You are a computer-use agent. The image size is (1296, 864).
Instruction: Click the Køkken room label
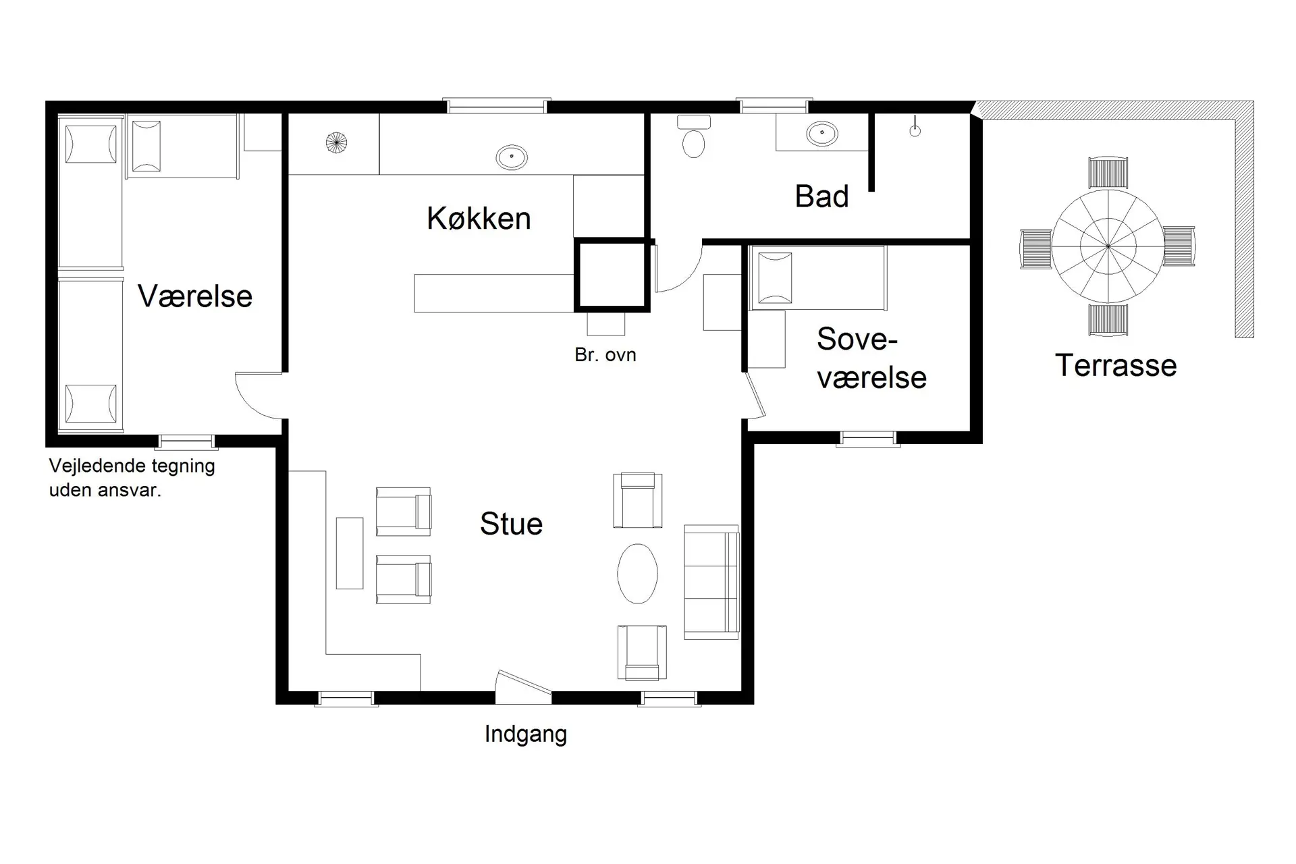479,219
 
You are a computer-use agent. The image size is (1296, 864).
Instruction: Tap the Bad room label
821,196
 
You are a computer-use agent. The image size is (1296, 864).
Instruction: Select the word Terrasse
1115,365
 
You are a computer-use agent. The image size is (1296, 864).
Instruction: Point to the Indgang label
525,734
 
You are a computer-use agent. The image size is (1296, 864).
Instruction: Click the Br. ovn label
605,355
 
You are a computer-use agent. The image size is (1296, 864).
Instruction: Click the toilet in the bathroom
693,142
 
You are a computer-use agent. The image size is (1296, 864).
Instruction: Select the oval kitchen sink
511,157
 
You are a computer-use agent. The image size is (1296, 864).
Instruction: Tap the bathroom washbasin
821,133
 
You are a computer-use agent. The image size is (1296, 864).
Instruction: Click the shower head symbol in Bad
915,130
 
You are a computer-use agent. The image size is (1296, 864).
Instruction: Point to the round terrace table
1108,247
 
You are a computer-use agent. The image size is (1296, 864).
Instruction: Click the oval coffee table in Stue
637,573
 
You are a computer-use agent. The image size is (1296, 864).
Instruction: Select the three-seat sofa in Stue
711,582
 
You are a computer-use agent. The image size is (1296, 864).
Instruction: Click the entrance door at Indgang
523,686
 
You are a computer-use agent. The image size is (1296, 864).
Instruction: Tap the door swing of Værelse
256,396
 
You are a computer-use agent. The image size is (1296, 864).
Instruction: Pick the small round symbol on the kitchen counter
335,143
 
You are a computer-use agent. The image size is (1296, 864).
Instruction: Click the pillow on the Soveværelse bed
775,278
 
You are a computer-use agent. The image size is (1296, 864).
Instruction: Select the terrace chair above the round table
1108,173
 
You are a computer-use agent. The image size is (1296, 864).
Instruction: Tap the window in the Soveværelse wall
868,439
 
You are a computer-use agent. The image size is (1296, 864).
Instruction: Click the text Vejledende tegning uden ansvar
132,478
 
